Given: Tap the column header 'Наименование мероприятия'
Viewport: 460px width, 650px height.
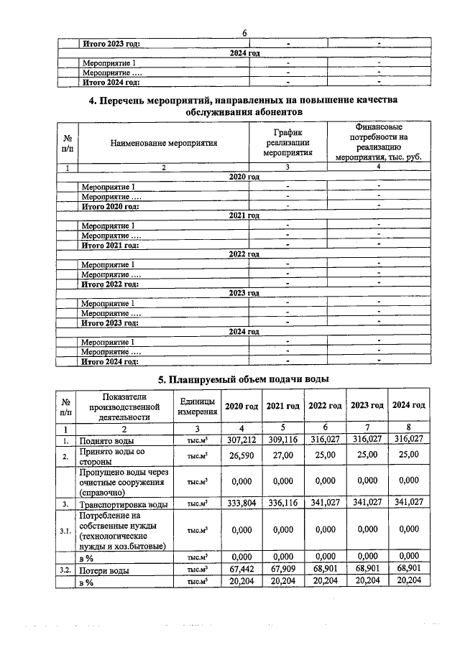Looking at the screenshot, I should click(x=164, y=143).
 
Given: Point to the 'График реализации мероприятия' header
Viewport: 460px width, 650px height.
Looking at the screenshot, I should click(x=287, y=143).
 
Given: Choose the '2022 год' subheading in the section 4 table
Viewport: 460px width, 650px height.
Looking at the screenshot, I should click(x=244, y=254).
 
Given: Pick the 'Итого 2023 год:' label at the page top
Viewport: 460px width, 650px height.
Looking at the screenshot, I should click(x=111, y=44).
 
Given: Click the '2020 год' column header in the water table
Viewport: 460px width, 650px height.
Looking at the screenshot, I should click(x=241, y=406).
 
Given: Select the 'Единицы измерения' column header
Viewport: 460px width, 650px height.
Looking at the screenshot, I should click(x=193, y=406).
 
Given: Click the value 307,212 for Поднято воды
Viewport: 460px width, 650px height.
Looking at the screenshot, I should click(x=241, y=440).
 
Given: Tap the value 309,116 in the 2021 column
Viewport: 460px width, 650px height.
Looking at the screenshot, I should click(x=283, y=440).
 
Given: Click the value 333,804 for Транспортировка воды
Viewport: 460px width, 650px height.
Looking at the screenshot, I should click(x=241, y=504).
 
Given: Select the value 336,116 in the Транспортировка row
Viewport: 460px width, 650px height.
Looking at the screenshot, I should click(x=283, y=504).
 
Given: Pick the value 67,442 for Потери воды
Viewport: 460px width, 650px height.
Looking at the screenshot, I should click(x=241, y=569).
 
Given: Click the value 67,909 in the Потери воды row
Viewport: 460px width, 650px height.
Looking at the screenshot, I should click(x=283, y=569).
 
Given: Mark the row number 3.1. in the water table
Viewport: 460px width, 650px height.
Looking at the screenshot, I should click(x=65, y=530).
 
